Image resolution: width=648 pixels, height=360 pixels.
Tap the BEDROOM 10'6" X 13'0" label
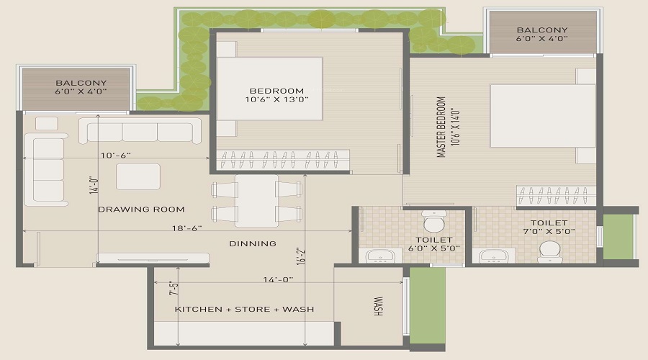[274, 96]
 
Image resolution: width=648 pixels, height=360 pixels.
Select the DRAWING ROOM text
[141, 210]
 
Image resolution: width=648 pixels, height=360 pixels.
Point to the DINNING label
[253, 243]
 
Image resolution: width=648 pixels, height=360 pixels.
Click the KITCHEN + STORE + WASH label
[244, 309]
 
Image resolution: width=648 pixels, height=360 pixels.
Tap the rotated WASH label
[377, 307]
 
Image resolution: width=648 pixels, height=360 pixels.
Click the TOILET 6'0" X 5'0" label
[433, 244]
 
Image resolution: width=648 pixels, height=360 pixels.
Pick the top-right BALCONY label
[542, 35]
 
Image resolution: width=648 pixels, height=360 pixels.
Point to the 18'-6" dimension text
[186, 228]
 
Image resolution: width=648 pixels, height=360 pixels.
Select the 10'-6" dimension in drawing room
[115, 155]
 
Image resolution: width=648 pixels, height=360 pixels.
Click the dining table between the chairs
[256, 201]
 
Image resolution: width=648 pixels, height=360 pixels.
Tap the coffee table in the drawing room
[138, 176]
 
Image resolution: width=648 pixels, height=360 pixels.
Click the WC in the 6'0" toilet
[434, 217]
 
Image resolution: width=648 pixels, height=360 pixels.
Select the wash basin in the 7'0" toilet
[495, 256]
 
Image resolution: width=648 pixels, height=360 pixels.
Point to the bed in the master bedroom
[543, 116]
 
